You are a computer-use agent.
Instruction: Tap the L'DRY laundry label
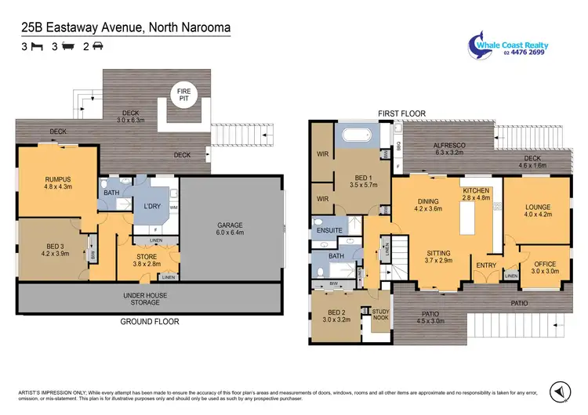pos(152,206)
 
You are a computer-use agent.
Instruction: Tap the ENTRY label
pos(486,265)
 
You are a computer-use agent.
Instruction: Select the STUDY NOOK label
pos(380,314)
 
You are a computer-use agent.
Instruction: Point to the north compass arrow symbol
pos(558,389)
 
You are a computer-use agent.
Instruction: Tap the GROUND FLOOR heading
pos(149,322)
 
